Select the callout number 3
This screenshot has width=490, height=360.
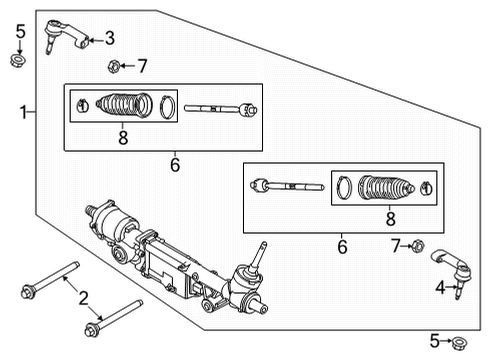pyautogui.click(x=110, y=39)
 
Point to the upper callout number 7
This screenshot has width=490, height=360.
pyautogui.click(x=143, y=67)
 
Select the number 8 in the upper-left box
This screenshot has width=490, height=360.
pyautogui.click(x=123, y=137)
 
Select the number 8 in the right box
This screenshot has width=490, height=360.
pyautogui.click(x=391, y=218)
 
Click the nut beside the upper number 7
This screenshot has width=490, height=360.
pyautogui.click(x=115, y=68)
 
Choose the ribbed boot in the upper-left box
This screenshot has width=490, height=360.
pyautogui.click(x=123, y=104)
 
